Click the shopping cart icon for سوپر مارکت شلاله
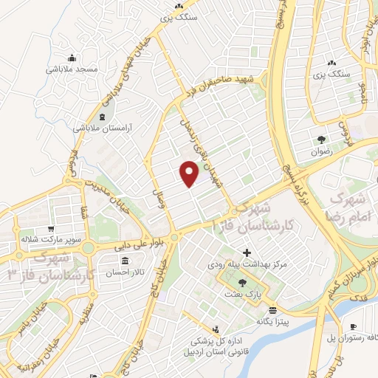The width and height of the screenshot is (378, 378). tap(50, 229)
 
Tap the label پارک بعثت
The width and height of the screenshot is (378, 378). tap(244, 295)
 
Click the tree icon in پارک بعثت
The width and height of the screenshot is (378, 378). tap(243, 283)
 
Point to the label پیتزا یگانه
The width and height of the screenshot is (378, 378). tap(273, 322)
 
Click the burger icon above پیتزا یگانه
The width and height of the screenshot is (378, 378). tap(272, 311)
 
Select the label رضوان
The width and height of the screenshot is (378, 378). tap(323, 150)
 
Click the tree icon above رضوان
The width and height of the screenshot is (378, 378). tap(322, 139)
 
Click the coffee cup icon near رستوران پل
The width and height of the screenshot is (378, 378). tap(353, 326)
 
